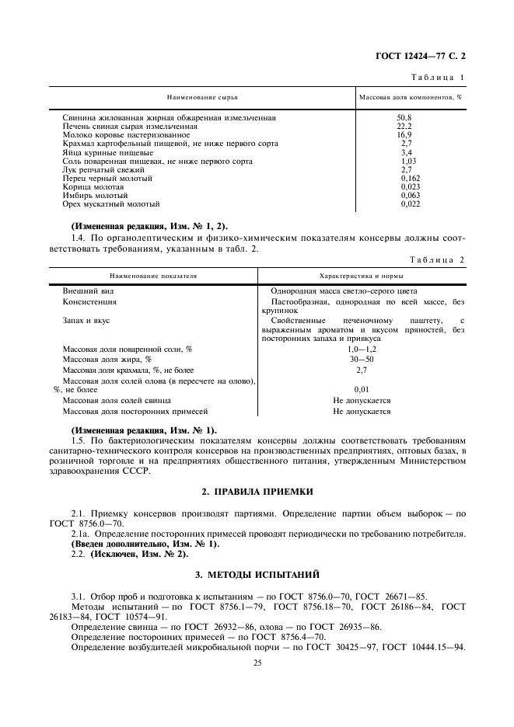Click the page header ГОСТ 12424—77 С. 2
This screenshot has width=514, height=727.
coord(425,57)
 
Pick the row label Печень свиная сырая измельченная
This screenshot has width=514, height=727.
coord(130,127)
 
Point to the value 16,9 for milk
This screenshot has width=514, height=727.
coord(404,135)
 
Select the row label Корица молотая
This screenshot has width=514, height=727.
coord(93,186)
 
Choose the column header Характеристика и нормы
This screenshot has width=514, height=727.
coord(362,276)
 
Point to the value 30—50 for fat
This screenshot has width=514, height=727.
coord(362,360)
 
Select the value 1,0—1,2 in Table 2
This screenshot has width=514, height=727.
coord(362,349)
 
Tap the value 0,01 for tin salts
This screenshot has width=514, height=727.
coord(362,389)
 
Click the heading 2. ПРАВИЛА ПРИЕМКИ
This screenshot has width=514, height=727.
coord(257,492)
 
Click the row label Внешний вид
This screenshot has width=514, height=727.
coord(84,290)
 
